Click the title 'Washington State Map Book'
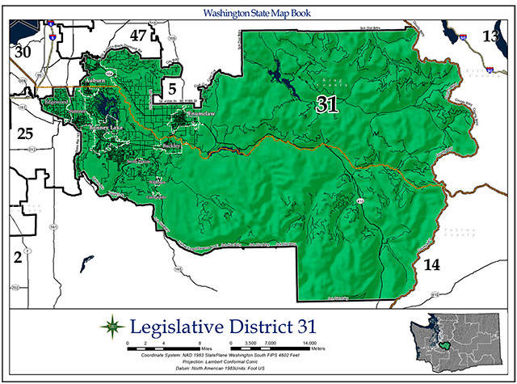[259, 14]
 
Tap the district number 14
[433, 264]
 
